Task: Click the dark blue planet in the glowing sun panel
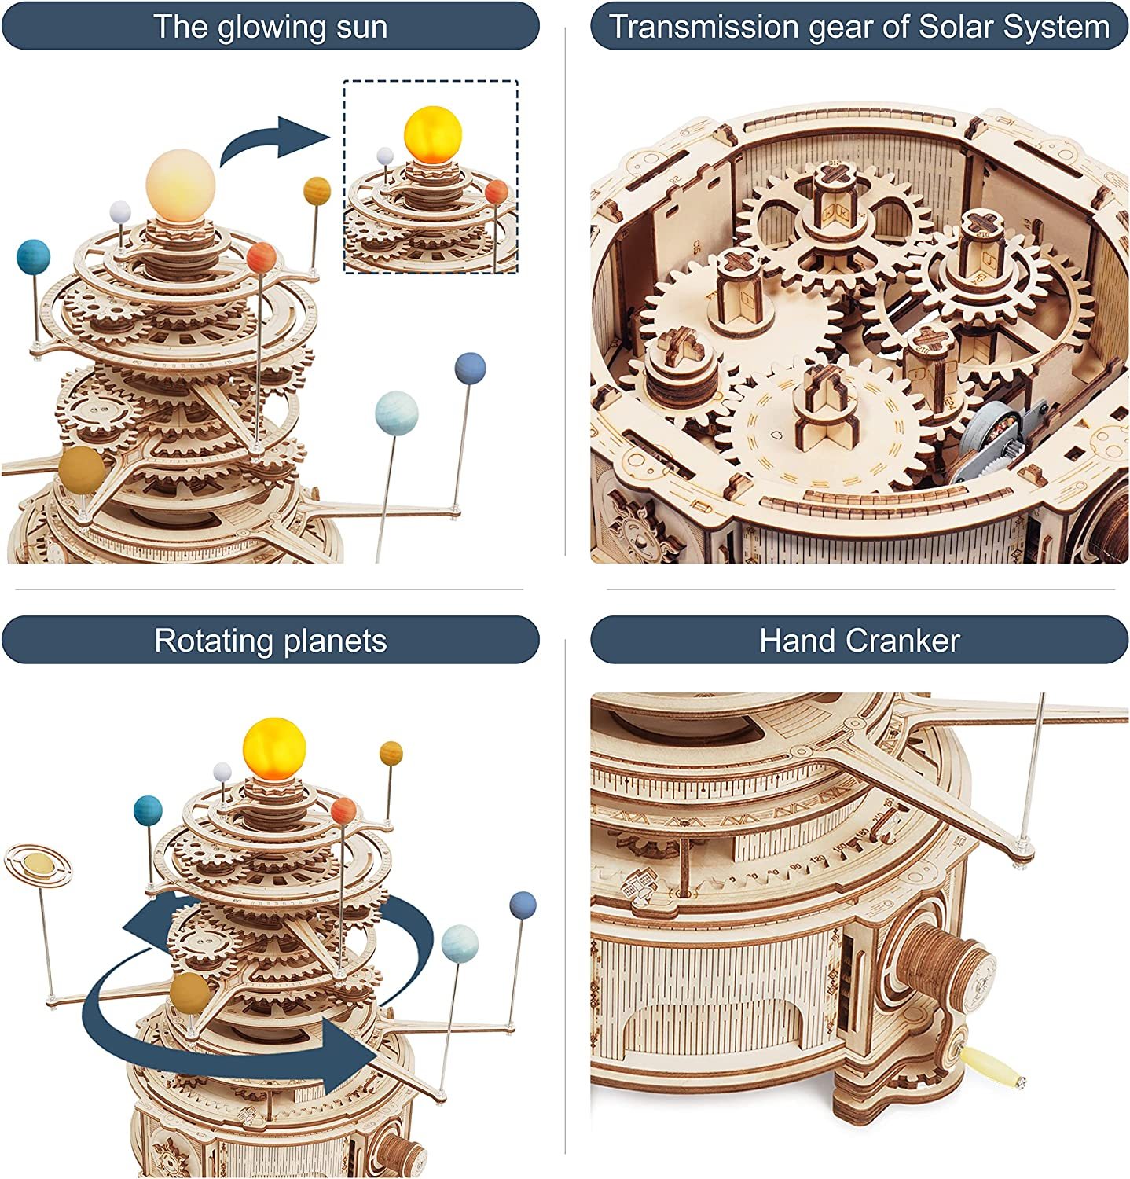pyautogui.click(x=470, y=369)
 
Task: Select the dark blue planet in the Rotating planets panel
pyautogui.click(x=523, y=904)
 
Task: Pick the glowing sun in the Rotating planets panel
pyautogui.click(x=273, y=746)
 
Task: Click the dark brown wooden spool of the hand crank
pyautogui.click(x=946, y=957)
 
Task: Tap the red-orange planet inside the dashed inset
pyautogui.click(x=497, y=191)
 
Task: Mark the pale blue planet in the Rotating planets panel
pyautogui.click(x=460, y=942)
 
